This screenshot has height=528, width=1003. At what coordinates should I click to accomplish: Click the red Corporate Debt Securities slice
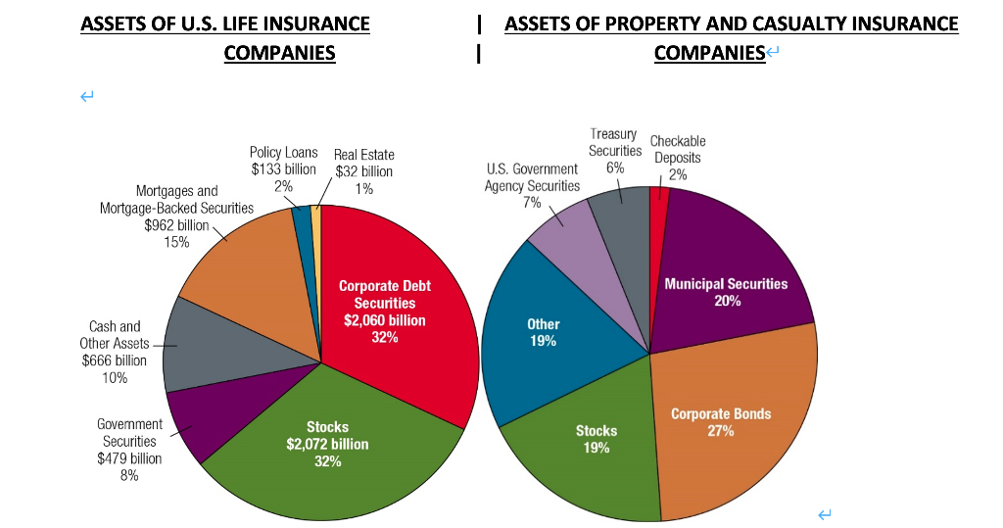[x=392, y=323]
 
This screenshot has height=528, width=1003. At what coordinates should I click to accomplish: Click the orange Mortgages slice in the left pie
[x=245, y=264]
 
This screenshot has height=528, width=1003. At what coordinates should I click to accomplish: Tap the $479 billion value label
[x=129, y=458]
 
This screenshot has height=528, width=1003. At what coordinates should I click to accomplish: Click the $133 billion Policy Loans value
[x=283, y=169]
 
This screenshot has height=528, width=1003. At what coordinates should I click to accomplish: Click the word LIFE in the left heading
[x=228, y=23]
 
